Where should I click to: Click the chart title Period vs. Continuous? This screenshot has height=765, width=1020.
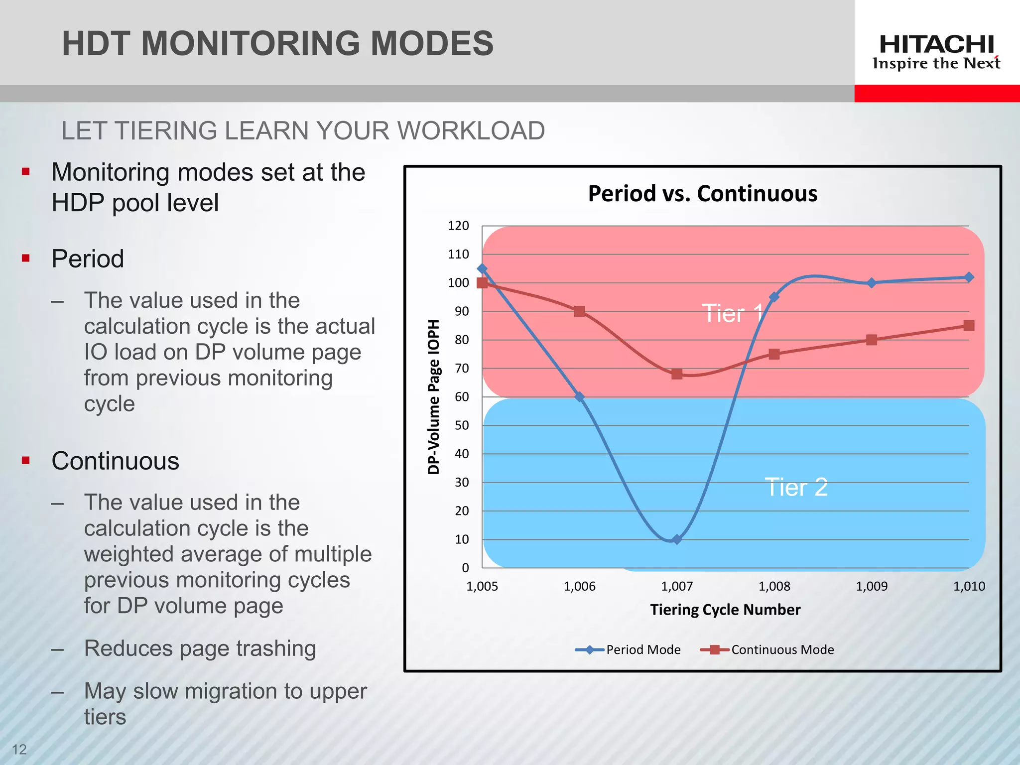click(x=702, y=193)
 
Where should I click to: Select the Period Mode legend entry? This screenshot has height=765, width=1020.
click(x=629, y=649)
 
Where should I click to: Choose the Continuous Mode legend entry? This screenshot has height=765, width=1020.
click(x=767, y=649)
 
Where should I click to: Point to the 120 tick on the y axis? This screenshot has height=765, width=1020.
click(x=458, y=226)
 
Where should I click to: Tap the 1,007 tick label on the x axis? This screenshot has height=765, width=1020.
click(x=676, y=586)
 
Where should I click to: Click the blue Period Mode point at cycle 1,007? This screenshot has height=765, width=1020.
click(x=676, y=539)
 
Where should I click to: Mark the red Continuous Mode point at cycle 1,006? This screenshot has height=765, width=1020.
click(x=579, y=311)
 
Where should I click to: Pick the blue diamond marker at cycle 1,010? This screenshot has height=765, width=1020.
click(x=969, y=277)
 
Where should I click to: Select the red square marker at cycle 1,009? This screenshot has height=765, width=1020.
click(x=871, y=340)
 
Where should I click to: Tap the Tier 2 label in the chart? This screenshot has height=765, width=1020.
click(x=796, y=487)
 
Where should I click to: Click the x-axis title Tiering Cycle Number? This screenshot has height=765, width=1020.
click(x=725, y=610)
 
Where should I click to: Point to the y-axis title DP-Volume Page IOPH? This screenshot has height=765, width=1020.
click(x=434, y=397)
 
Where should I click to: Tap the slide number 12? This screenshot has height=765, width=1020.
click(x=19, y=749)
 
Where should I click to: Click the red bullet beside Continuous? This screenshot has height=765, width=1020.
click(x=26, y=460)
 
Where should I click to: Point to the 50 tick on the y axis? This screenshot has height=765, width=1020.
click(x=462, y=425)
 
